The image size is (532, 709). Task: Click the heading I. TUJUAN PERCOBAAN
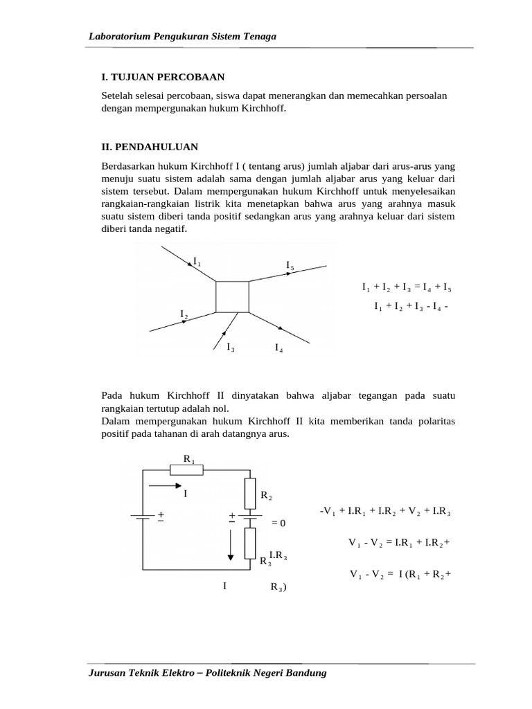click(x=163, y=77)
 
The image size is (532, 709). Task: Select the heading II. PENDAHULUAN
click(x=150, y=147)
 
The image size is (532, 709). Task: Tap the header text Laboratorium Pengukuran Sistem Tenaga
click(x=183, y=36)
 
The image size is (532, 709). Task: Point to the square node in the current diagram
click(x=232, y=296)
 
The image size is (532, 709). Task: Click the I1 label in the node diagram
click(x=197, y=262)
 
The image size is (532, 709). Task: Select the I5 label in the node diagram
click(x=290, y=266)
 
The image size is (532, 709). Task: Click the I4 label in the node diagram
click(x=278, y=348)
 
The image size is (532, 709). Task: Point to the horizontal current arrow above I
click(x=164, y=486)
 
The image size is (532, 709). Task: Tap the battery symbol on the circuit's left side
click(x=143, y=517)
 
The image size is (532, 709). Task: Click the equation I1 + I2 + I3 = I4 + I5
click(x=407, y=287)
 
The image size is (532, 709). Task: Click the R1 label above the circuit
click(x=188, y=459)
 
